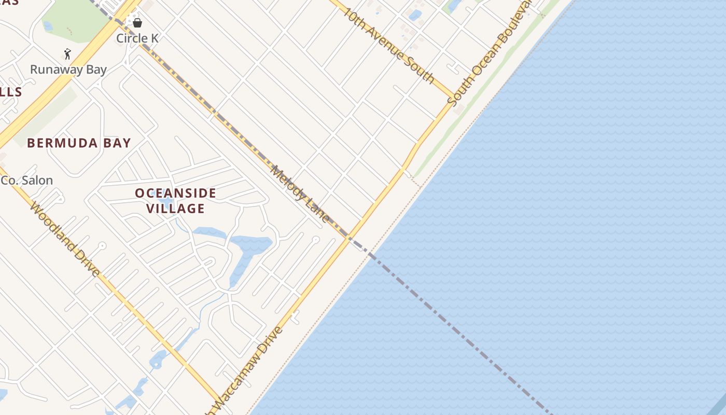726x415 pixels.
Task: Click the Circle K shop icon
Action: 137,23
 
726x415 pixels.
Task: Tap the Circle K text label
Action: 137,38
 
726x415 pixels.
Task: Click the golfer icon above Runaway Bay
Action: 67,53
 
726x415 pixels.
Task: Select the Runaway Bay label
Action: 68,70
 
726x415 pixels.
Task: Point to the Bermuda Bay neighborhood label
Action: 79,143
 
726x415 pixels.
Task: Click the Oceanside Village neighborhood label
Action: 175,201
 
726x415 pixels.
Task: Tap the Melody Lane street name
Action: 300,194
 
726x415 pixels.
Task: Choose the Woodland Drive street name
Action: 65,239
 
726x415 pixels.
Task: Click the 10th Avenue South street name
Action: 389,45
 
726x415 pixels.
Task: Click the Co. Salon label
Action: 27,181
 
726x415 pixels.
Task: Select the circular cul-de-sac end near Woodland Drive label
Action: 102,245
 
